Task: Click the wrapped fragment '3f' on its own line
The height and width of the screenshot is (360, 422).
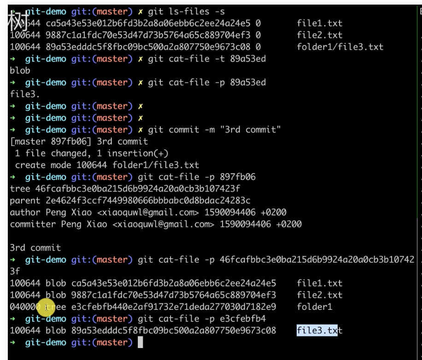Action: (15, 271)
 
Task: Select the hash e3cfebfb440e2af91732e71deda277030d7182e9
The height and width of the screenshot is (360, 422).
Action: (174, 307)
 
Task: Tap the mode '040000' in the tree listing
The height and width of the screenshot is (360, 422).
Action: (23, 307)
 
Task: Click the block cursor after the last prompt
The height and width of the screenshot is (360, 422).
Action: (141, 342)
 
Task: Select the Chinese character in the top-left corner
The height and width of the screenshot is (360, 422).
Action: (18, 21)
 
